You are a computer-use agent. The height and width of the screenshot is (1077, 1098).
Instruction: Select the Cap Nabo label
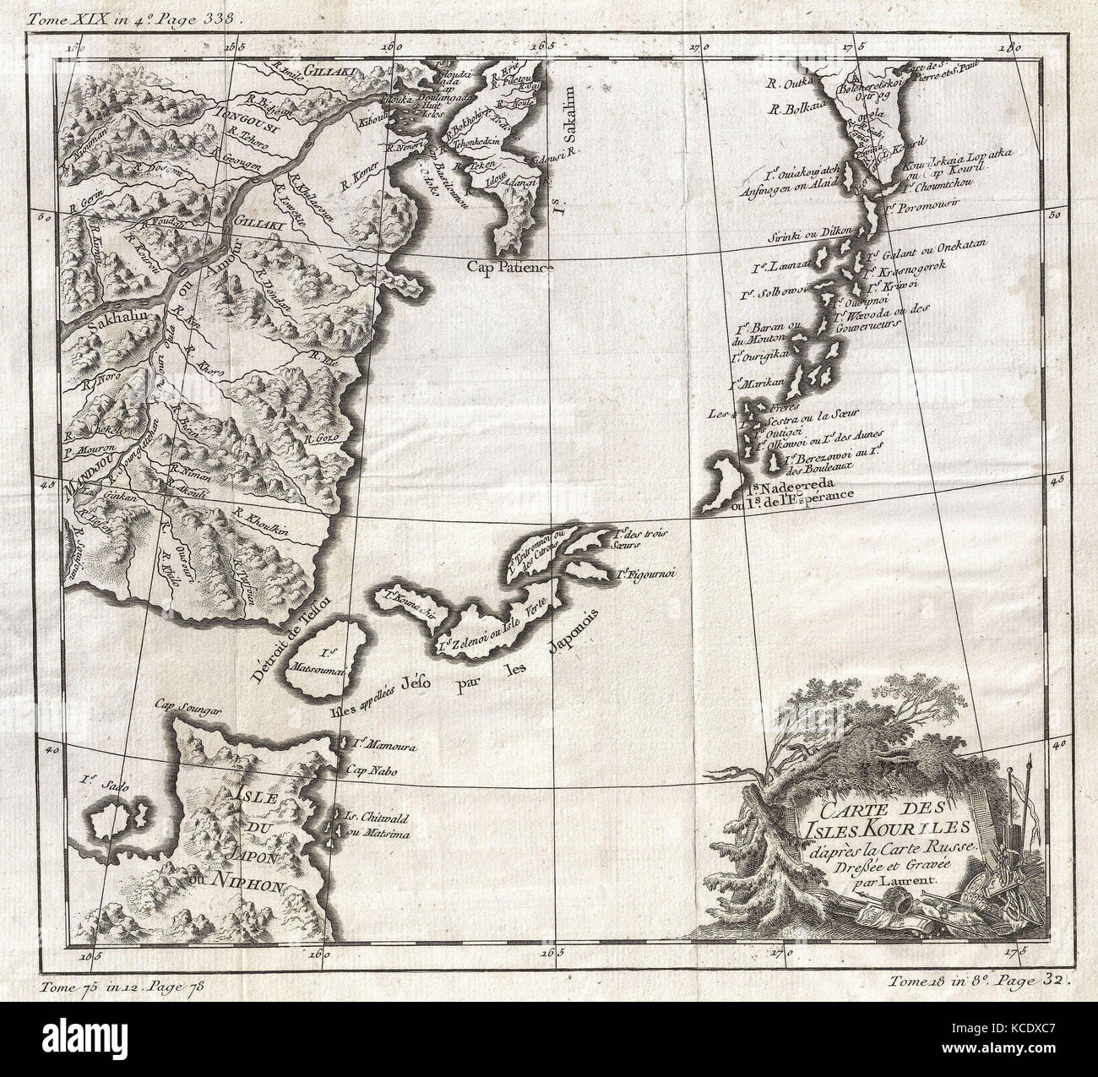tap(365, 770)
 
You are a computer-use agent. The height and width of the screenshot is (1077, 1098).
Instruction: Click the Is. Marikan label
tap(762, 383)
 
